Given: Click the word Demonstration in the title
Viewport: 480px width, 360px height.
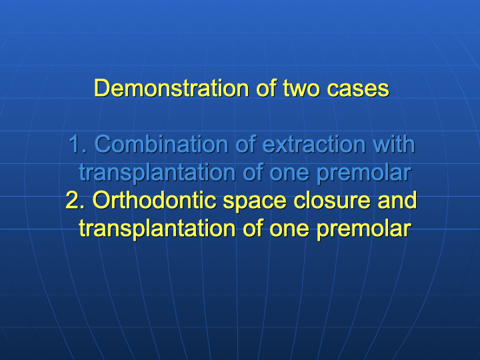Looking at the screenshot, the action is (171, 88).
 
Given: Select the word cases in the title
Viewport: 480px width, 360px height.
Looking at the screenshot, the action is (358, 89).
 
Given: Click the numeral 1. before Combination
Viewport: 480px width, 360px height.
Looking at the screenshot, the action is (78, 144).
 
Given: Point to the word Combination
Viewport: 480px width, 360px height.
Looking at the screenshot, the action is (161, 144).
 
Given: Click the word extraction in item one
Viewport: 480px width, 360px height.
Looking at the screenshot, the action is (314, 144).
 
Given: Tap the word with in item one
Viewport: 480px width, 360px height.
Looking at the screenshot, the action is (394, 144).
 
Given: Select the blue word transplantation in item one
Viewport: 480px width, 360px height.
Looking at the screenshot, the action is (157, 173).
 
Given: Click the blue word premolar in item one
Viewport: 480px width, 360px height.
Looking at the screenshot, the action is (364, 173).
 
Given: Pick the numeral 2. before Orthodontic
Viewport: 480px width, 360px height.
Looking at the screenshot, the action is (75, 200).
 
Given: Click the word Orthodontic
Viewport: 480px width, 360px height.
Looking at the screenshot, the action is (155, 200).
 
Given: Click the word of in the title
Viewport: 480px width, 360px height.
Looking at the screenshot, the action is (266, 88).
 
